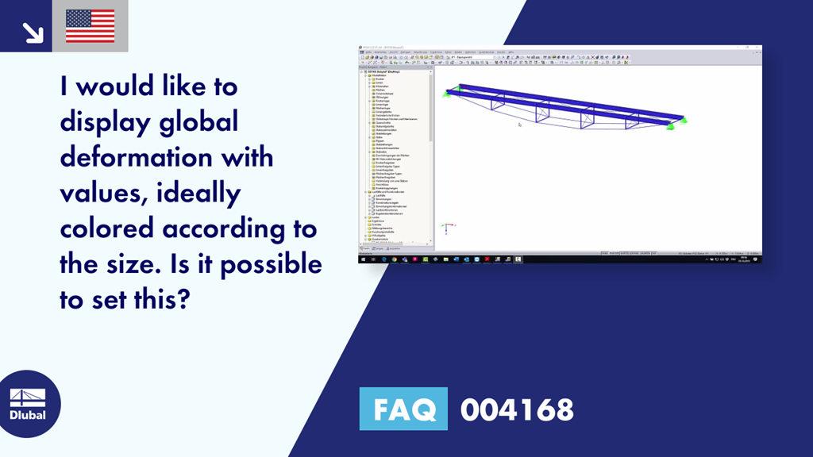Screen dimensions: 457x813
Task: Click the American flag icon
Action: click(90, 26)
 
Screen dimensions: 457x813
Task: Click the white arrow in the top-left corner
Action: click(33, 31)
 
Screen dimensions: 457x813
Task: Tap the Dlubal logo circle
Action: click(27, 403)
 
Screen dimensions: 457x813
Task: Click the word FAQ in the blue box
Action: click(403, 409)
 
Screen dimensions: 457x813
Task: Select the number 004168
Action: click(516, 409)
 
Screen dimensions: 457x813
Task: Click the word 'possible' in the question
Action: click(271, 263)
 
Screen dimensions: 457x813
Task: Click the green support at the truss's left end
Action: click(448, 92)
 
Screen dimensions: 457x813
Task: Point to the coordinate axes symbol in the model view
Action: click(447, 228)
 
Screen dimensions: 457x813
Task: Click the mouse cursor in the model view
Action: click(519, 124)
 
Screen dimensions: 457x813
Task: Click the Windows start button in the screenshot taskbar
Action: click(362, 259)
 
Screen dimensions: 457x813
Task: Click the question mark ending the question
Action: click(187, 299)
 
